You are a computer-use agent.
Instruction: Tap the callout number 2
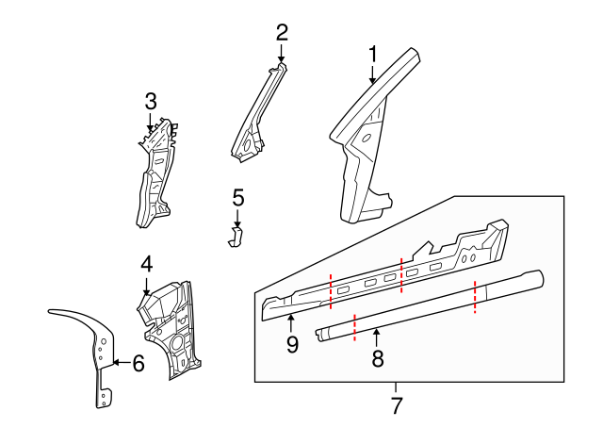coord(281,32)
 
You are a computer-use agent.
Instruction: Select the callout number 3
coord(151,101)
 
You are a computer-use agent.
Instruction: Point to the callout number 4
coord(146,264)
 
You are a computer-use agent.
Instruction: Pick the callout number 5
coord(237,198)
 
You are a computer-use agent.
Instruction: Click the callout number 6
coord(138,362)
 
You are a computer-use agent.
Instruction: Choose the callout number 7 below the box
coord(396,406)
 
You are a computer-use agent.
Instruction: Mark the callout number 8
coord(378,358)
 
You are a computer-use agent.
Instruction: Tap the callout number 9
coord(291,345)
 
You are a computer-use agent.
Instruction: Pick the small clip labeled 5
coord(236,235)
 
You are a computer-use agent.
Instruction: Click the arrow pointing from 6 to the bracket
coord(120,362)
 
